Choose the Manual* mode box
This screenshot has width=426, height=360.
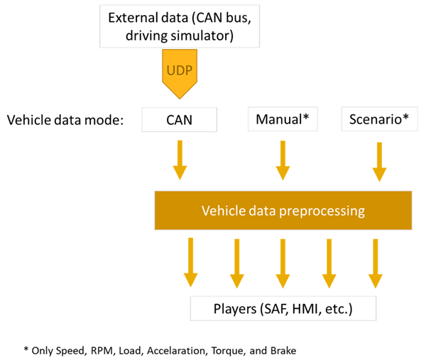pyautogui.click(x=282, y=119)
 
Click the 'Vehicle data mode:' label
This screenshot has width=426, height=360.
pyautogui.click(x=65, y=119)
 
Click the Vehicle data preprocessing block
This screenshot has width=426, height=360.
pyautogui.click(x=283, y=210)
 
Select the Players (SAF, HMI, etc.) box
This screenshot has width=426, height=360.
pyautogui.click(x=282, y=308)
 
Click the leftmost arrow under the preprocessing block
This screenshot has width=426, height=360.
pyautogui.click(x=190, y=262)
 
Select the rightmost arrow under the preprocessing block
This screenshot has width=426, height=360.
pyautogui.click(x=374, y=262)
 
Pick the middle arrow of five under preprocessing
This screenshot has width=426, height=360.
pyautogui.click(x=283, y=262)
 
